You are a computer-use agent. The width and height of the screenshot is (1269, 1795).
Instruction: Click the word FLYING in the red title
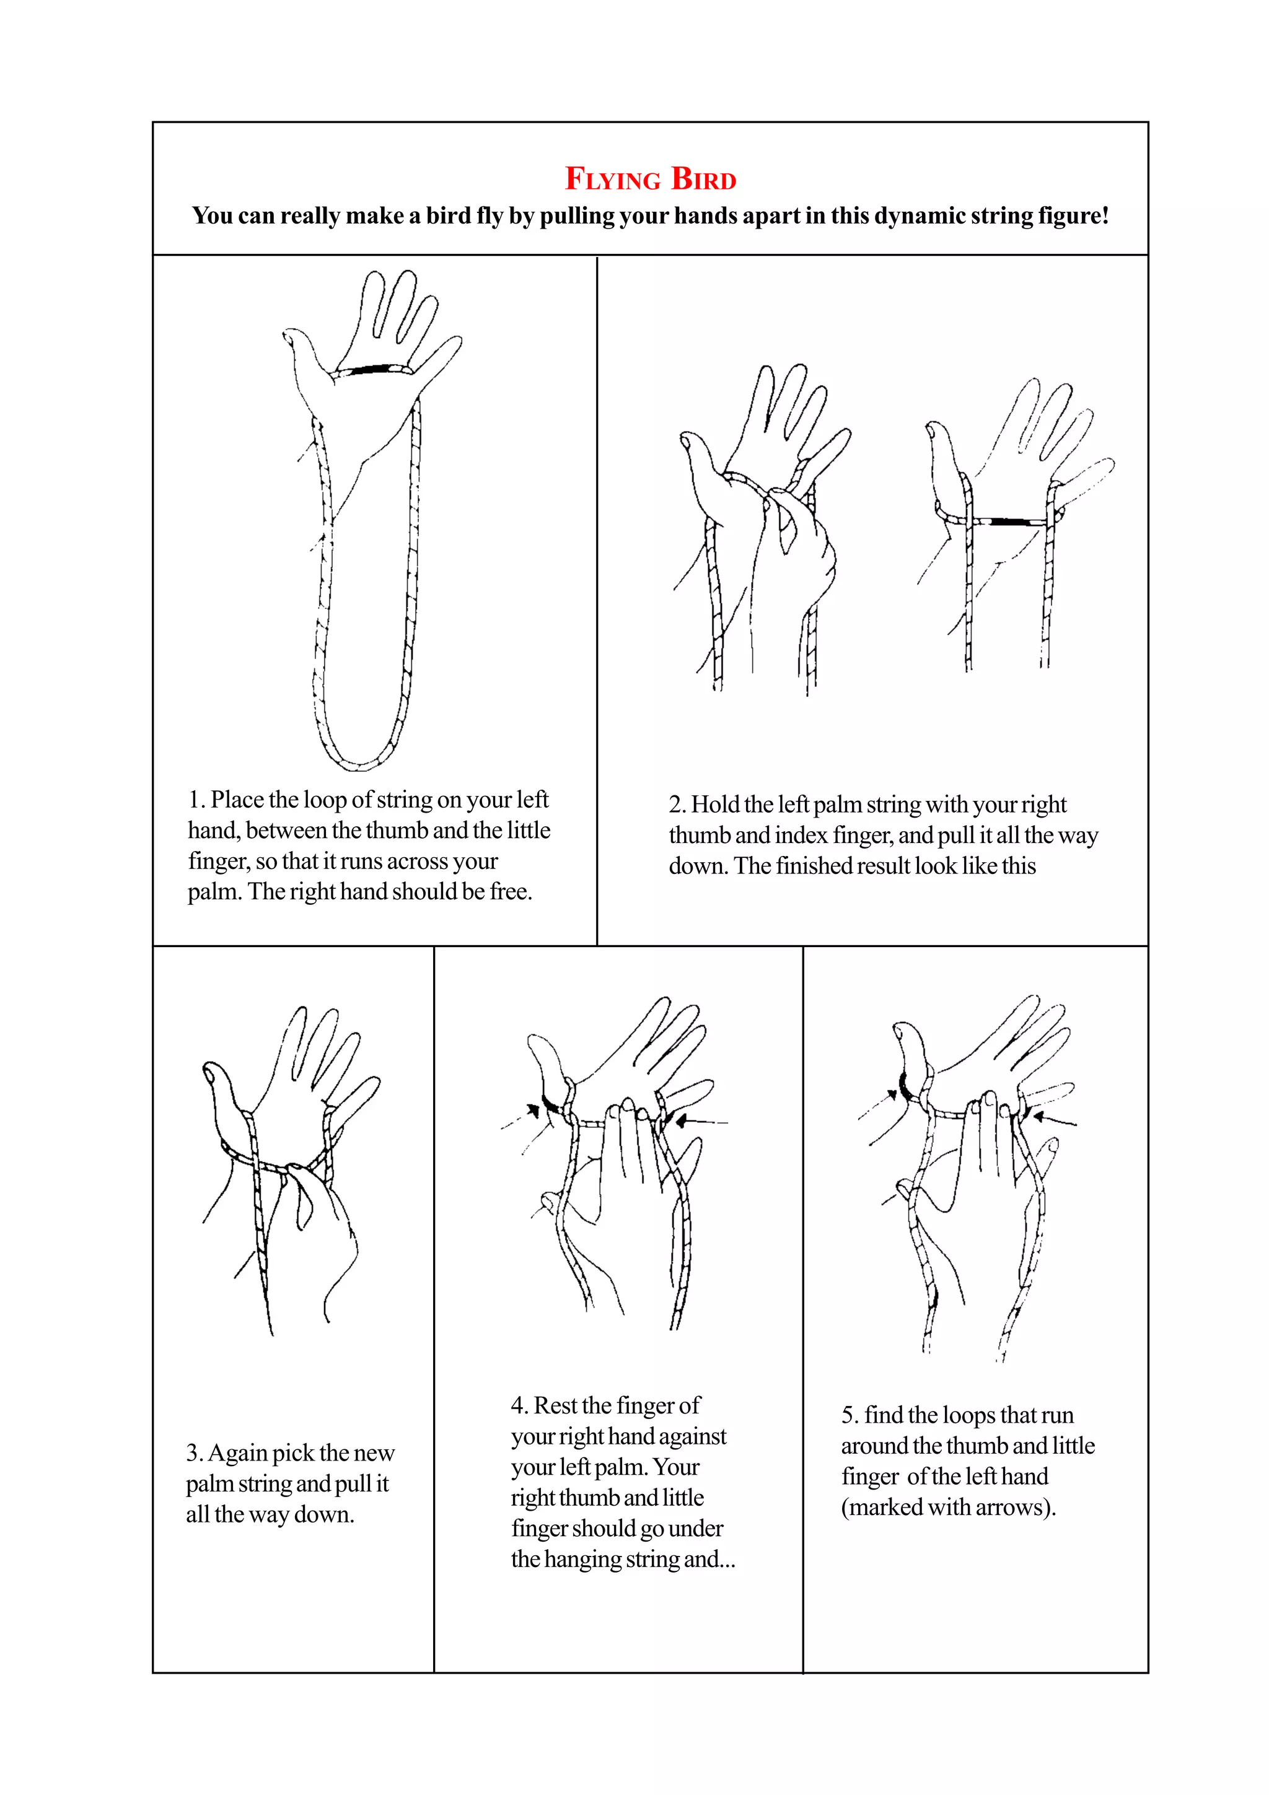coord(613,179)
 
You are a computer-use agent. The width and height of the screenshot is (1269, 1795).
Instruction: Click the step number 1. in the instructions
coord(196,800)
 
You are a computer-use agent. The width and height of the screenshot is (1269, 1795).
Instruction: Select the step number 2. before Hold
coord(677,805)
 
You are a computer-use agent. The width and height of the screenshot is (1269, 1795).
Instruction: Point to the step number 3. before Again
coord(194,1452)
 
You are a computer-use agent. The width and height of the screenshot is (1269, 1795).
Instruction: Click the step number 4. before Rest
coord(519,1405)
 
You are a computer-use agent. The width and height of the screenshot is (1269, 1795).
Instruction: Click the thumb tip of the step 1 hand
coord(289,337)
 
